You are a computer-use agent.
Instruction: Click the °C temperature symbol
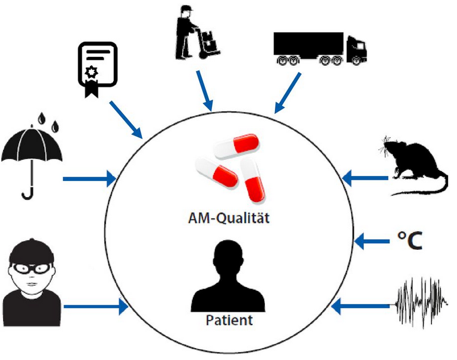pyautogui.click(x=411, y=240)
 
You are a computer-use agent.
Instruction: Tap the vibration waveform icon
pyautogui.click(x=422, y=302)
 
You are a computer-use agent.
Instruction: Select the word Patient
pyautogui.click(x=229, y=320)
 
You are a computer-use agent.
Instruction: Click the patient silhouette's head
pyautogui.click(x=228, y=255)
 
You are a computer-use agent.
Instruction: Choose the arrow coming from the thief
pyautogui.click(x=96, y=307)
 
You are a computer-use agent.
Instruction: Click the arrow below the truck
pyautogui.click(x=287, y=93)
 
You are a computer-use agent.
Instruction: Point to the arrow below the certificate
pyautogui.click(x=126, y=118)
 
